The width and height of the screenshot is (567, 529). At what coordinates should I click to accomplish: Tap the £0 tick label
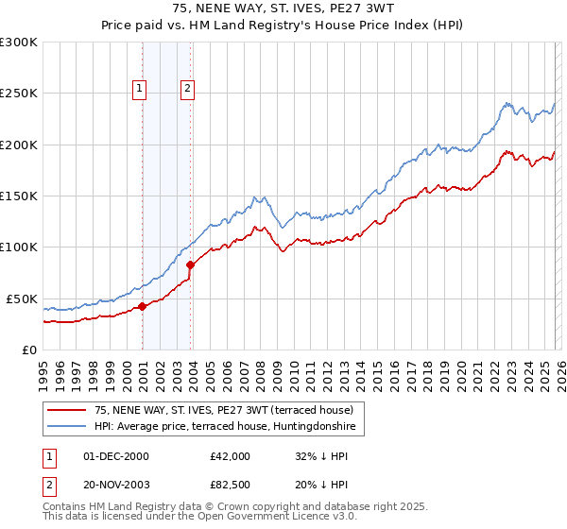pos(29,350)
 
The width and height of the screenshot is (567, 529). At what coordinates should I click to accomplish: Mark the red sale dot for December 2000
pos(143,306)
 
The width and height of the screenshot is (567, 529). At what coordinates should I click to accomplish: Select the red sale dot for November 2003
pos(191,265)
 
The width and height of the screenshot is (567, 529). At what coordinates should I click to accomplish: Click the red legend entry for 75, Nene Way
pos(224,411)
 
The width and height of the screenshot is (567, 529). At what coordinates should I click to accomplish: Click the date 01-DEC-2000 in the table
pos(116,456)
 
